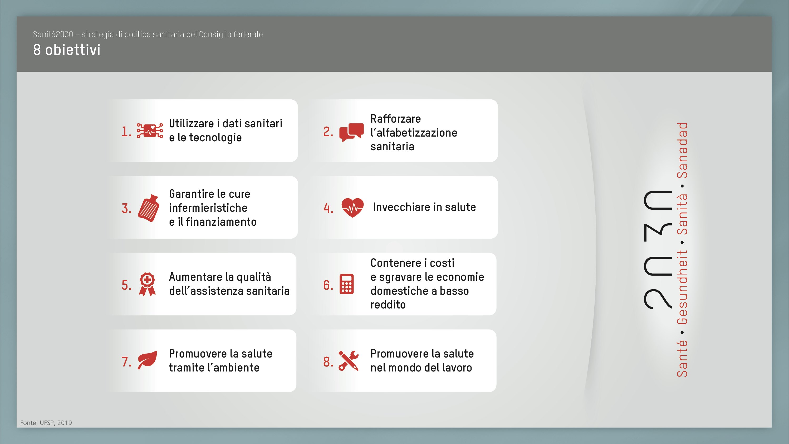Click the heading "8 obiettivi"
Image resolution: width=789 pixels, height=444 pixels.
tap(67, 50)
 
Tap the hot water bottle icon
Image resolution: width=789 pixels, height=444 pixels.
tap(149, 208)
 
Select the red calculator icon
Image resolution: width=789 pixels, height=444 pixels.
tap(346, 284)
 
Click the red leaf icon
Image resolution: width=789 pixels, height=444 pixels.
tap(147, 360)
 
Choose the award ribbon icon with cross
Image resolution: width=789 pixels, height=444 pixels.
tap(147, 284)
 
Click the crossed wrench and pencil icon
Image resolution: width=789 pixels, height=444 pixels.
tap(349, 361)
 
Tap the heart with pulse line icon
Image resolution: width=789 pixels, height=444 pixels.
tap(352, 207)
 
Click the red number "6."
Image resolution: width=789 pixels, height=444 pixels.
tap(328, 285)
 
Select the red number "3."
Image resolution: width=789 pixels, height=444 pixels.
tap(126, 209)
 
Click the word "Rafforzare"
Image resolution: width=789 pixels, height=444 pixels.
tap(396, 119)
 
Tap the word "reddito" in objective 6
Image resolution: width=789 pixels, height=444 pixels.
tap(388, 305)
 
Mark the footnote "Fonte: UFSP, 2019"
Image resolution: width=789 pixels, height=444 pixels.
tap(46, 423)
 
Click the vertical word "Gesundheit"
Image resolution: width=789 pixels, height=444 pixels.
tap(682, 287)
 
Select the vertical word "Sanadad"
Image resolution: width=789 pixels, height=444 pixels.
tap(682, 150)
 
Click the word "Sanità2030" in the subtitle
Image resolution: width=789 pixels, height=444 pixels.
tap(53, 34)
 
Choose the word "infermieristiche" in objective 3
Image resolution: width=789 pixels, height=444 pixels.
tap(208, 208)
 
